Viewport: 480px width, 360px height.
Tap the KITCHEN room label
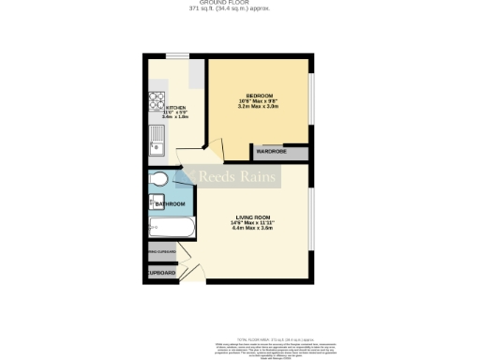pos(176,108)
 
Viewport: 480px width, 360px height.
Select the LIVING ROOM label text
pos(253,217)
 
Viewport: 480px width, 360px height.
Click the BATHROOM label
pos(170,204)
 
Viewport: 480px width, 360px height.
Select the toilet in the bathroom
pos(158,179)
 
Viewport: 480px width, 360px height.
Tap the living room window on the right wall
pos(310,219)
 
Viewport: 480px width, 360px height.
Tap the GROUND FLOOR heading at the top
pos(240,3)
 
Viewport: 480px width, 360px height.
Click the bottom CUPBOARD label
pos(161,273)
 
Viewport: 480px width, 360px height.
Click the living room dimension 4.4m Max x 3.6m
pos(253,228)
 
